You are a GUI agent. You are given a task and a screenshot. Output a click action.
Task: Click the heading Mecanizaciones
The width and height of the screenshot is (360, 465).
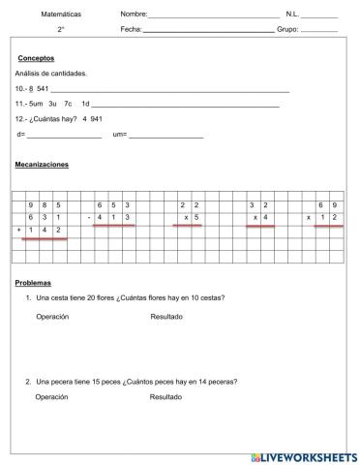42,166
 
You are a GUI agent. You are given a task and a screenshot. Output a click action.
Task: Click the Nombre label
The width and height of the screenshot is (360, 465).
134,15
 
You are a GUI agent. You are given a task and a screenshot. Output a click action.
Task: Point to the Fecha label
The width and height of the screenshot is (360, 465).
131,30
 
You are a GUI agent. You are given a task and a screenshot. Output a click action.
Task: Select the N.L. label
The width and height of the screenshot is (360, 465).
293,15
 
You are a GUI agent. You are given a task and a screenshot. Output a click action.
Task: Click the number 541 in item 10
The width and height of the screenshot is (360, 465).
43,89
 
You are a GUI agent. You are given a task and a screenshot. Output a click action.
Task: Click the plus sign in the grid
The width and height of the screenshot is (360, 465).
19,231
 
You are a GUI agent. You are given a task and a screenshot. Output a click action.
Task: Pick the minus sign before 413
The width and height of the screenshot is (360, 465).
88,218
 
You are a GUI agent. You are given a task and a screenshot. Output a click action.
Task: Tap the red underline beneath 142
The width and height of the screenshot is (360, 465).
45,238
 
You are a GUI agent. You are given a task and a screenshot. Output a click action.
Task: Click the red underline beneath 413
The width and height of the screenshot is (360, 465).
113,226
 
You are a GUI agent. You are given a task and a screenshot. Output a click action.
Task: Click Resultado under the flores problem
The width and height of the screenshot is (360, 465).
165,317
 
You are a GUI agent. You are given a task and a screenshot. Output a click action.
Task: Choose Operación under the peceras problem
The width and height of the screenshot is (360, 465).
52,397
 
